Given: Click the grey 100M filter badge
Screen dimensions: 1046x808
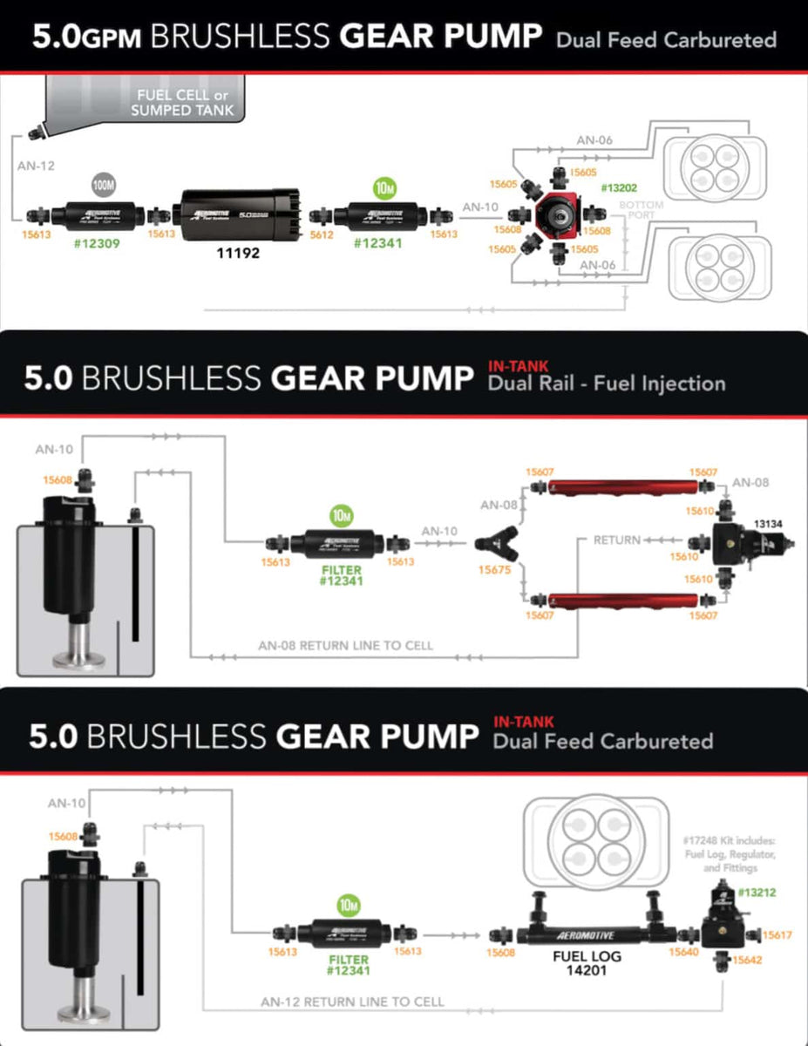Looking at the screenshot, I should (104, 185).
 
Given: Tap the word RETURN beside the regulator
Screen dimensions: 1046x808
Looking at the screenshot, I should (616, 540).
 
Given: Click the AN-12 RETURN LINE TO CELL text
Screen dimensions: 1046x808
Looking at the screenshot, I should (352, 1002).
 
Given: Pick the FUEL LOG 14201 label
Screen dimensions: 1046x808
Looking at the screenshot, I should (588, 962).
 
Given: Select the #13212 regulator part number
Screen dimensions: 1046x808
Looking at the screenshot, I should (757, 893).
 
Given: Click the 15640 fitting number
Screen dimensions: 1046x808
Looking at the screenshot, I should (684, 953).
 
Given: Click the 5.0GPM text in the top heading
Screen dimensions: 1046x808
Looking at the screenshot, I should (86, 37).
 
